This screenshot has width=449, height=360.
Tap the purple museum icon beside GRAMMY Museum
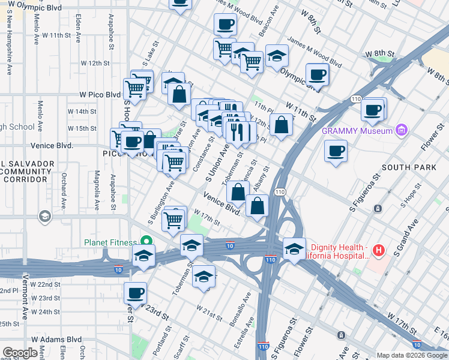[402, 130]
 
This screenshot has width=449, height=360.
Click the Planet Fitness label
[110, 242]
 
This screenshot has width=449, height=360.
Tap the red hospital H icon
[378, 250]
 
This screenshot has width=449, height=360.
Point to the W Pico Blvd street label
[100, 94]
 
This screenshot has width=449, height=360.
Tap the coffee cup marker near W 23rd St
[136, 293]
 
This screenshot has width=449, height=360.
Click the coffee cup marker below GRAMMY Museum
[336, 150]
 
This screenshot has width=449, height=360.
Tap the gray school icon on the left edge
[44, 216]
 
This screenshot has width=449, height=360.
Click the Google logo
[19, 353]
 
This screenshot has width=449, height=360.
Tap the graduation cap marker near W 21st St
[203, 277]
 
